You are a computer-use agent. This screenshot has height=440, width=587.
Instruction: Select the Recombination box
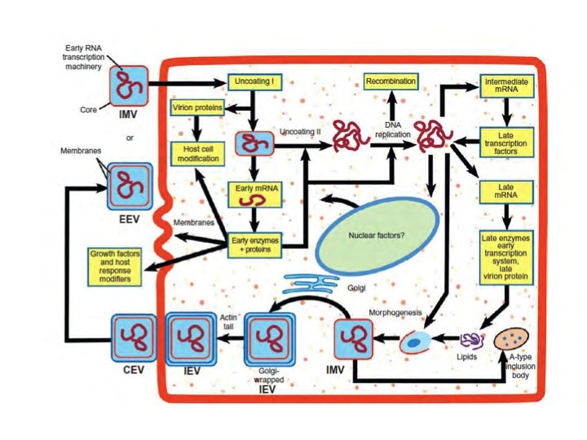[x=391, y=82]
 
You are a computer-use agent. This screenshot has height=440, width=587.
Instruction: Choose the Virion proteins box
[x=197, y=108]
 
